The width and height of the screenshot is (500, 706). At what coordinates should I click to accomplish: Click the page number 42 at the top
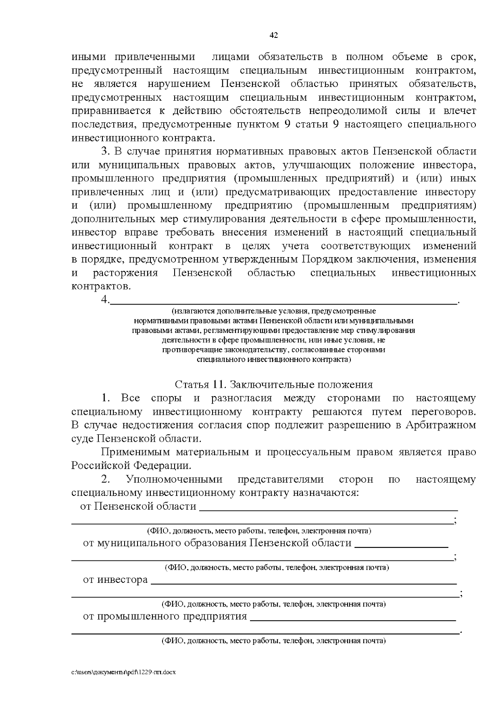pos(274,35)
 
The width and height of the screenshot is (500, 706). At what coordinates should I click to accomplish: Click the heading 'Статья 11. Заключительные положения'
pos(274,384)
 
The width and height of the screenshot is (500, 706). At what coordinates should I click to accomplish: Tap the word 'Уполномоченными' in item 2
pos(174,479)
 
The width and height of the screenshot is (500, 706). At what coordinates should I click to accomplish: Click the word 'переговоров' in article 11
pos(442,412)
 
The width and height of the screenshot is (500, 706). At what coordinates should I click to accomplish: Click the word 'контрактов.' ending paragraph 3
pos(101,286)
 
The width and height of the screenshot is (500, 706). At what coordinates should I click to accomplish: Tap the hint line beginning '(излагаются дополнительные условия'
pos(274,311)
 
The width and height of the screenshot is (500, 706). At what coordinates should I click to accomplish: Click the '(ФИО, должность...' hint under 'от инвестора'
pos(274,604)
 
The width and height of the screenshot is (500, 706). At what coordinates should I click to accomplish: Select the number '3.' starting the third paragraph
pos(105,151)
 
